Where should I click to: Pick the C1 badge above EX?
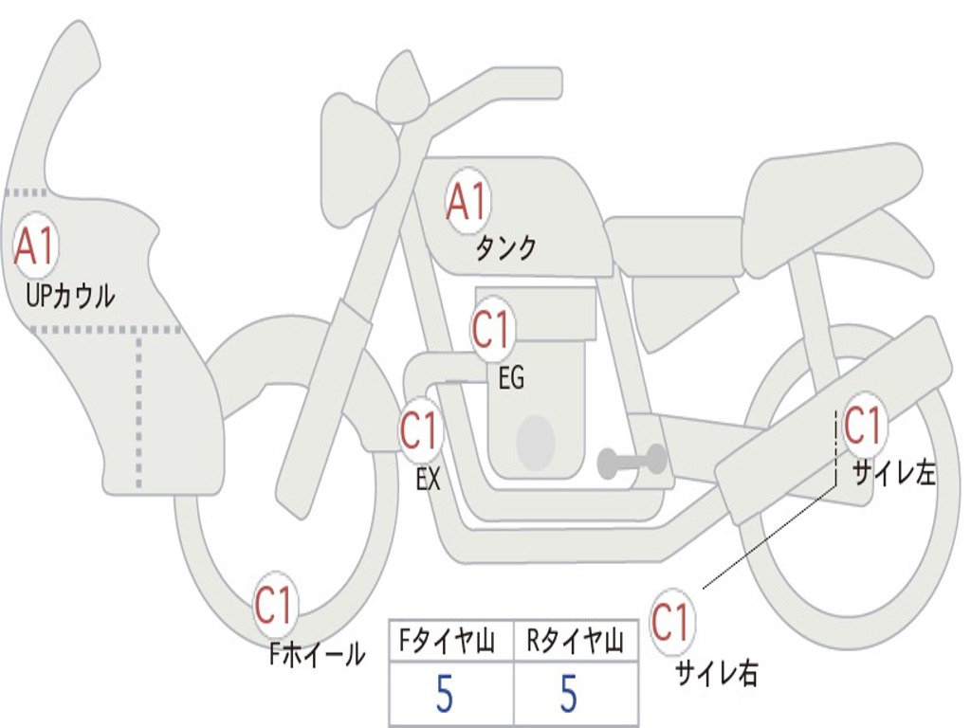[x=420, y=431]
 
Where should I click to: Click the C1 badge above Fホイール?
[x=274, y=605]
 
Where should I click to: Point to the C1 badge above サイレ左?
[x=863, y=426]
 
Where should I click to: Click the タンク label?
[x=505, y=248]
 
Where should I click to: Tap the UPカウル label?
[x=70, y=296]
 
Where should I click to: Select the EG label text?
[x=511, y=379]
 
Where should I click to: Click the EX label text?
[x=429, y=480]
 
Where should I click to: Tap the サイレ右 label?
[x=716, y=672]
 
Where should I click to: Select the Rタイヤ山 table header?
[x=575, y=643]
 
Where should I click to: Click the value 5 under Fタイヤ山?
[x=444, y=695]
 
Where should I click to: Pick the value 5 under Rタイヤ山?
[x=568, y=695]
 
